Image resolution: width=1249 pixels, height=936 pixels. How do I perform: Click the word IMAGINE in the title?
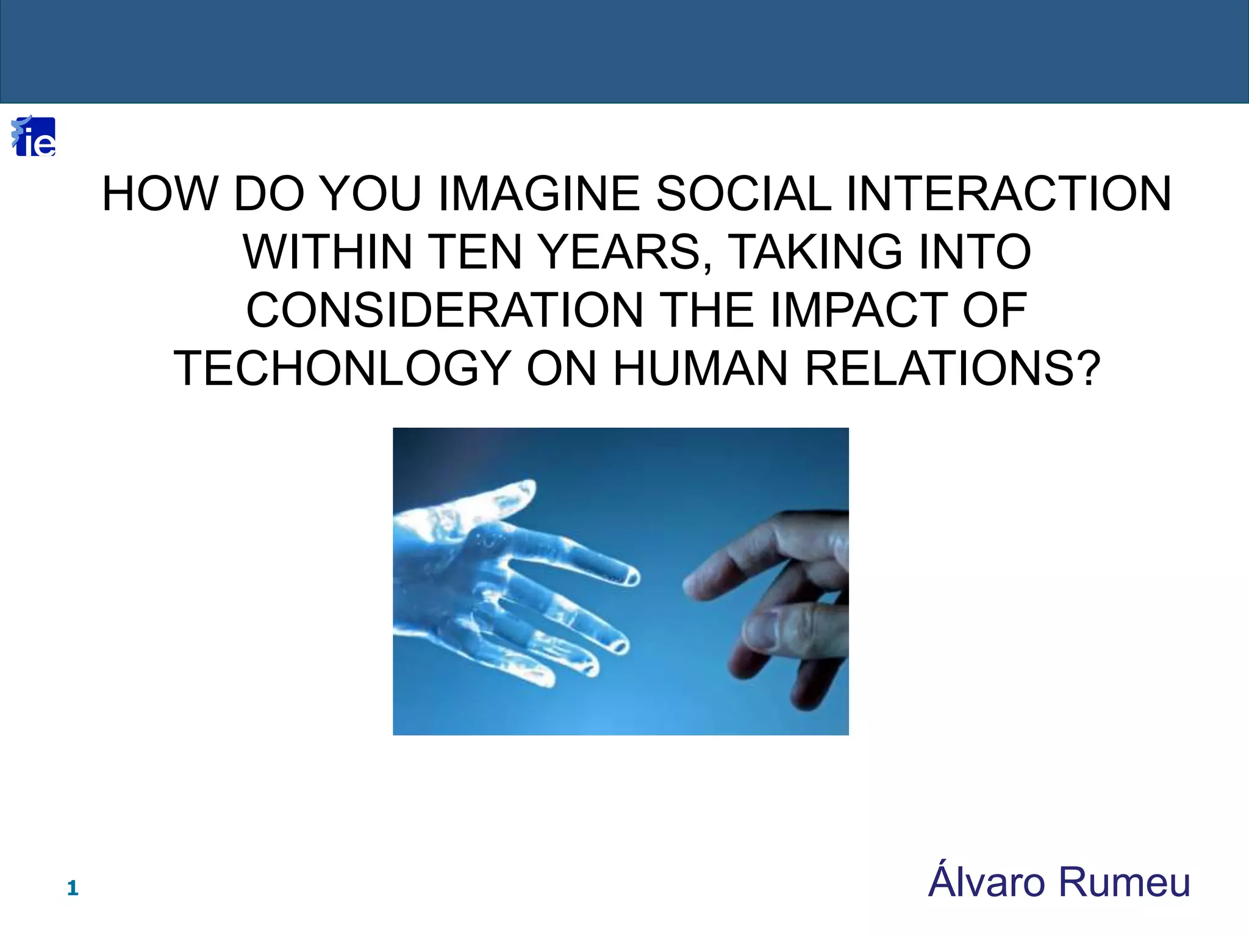point(539,194)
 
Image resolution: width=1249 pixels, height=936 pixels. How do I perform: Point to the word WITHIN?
point(328,252)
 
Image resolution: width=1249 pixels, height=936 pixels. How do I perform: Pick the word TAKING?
point(815,252)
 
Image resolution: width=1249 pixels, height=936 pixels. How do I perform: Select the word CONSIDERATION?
point(445,310)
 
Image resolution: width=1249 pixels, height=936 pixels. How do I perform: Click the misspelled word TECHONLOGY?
point(342,369)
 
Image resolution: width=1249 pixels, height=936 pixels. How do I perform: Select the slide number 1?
point(73,888)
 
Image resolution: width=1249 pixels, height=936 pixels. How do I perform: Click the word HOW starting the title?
point(160,194)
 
